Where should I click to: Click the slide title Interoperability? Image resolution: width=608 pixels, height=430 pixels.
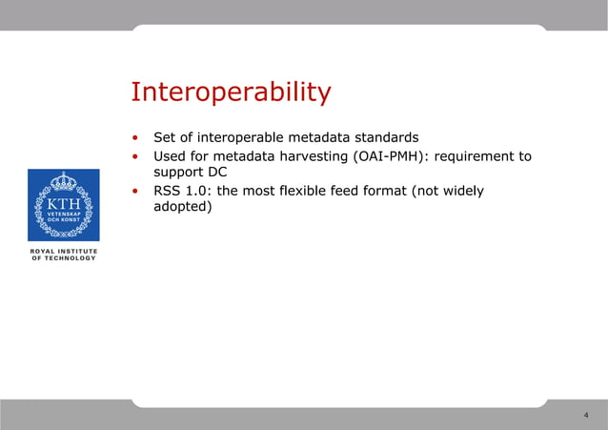[x=231, y=92]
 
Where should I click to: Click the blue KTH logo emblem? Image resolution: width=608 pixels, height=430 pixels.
[x=63, y=205]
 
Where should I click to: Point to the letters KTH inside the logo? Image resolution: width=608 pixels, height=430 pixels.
[x=63, y=204]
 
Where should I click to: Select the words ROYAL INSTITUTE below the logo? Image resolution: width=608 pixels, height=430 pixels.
[x=63, y=251]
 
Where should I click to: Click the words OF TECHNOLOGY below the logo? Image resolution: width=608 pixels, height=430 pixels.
[x=63, y=258]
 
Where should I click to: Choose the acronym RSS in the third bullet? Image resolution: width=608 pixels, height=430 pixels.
[x=168, y=191]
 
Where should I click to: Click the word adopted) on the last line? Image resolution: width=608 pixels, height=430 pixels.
[x=182, y=208]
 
